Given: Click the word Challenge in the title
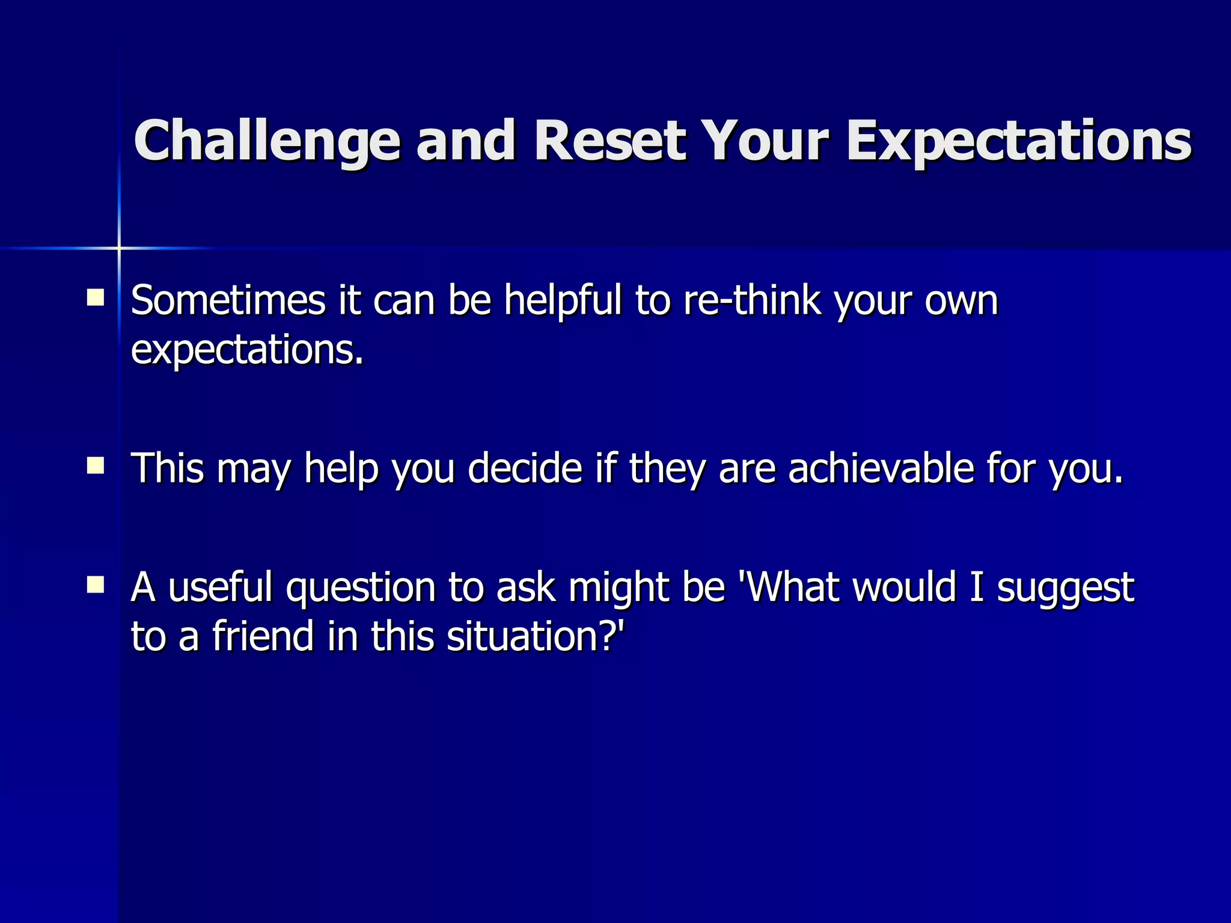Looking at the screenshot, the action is (267, 142).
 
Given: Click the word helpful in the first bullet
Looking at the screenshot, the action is (563, 301).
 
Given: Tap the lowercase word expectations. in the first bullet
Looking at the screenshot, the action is (248, 351).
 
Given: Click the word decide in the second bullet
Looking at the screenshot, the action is (525, 468).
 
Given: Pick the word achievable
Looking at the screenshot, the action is (881, 468).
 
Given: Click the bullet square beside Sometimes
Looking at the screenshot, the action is (95, 297).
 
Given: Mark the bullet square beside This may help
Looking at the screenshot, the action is (95, 466).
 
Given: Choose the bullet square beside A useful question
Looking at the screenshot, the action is (95, 585).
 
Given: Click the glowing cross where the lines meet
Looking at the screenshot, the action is (119, 248).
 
